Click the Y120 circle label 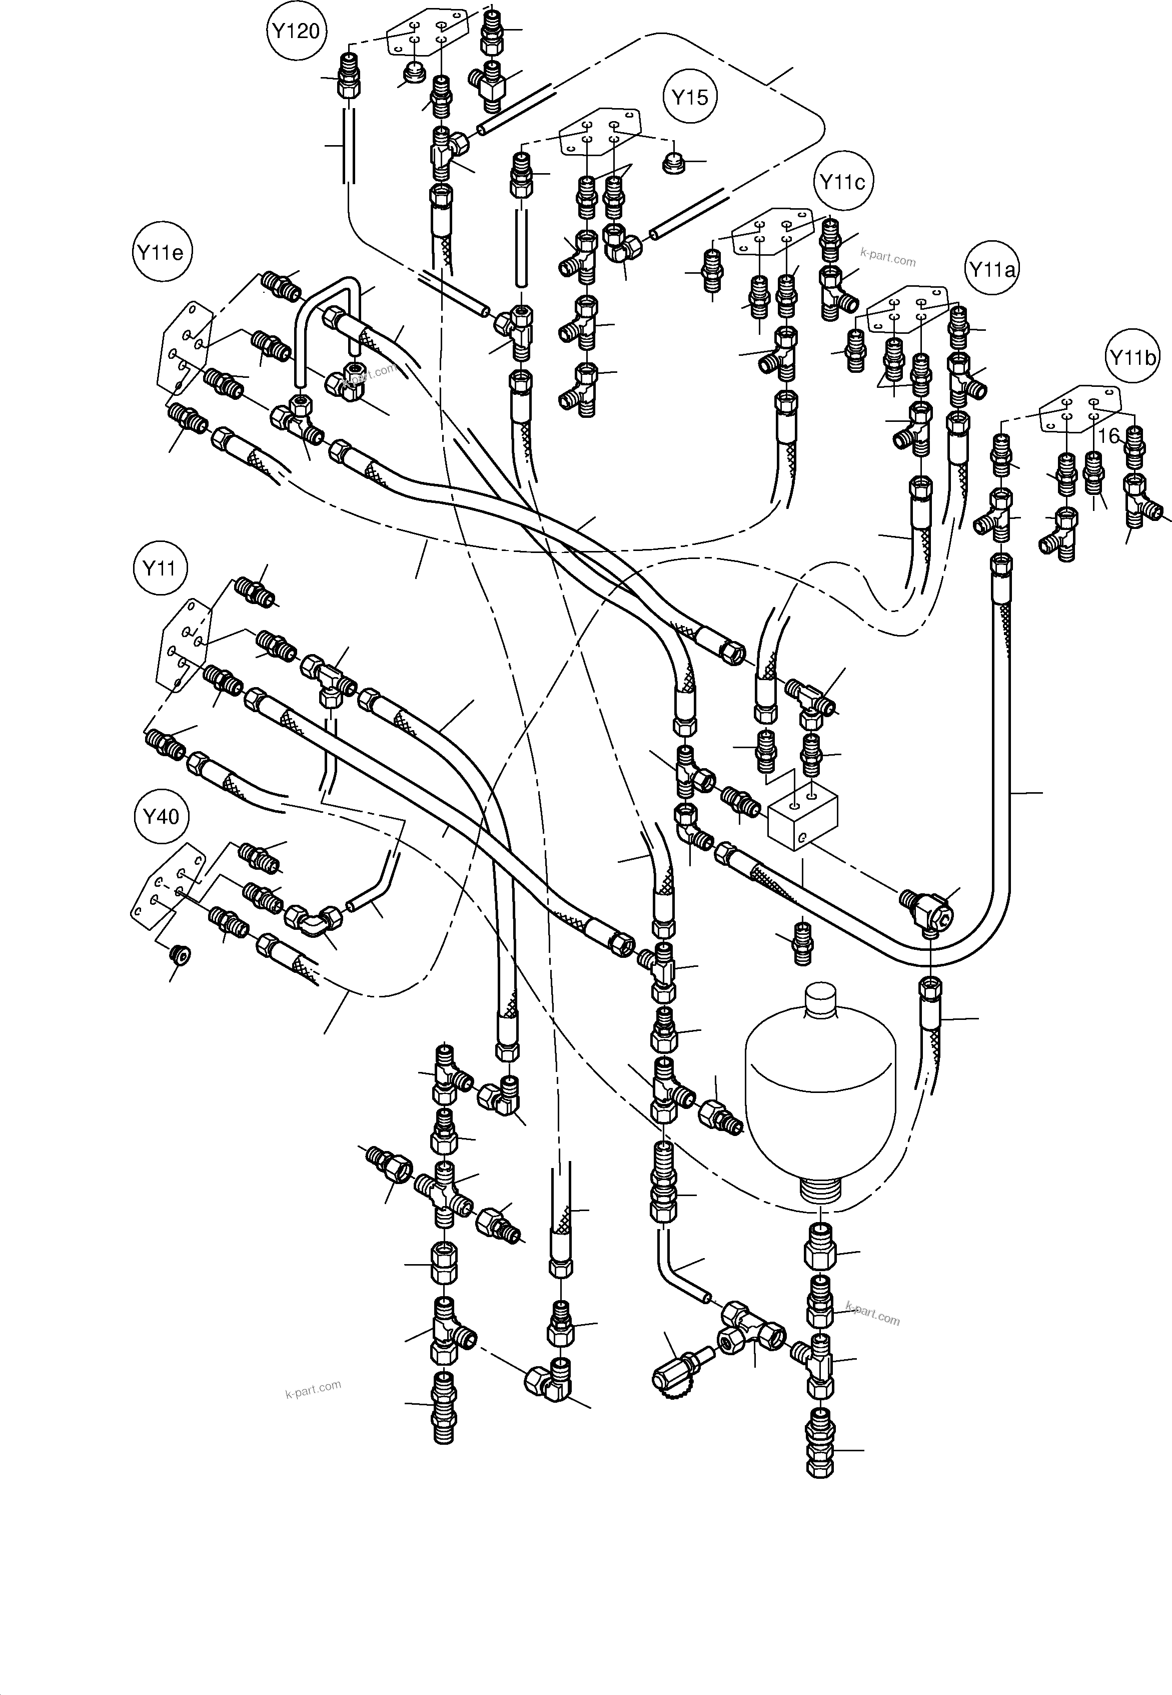(x=296, y=31)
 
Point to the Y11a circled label (x=992, y=270)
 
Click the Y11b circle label (x=1133, y=358)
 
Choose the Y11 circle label (x=160, y=568)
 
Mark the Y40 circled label (x=161, y=816)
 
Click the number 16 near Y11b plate (x=1108, y=436)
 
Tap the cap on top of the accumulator (x=821, y=1000)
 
